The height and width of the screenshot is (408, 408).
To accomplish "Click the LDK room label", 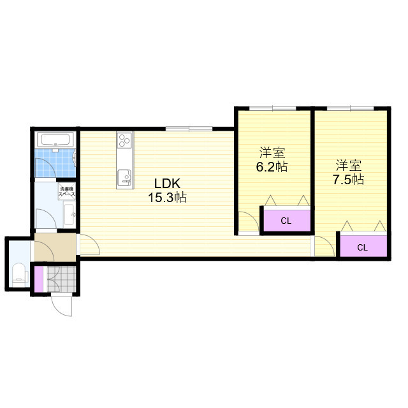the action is coord(167,184).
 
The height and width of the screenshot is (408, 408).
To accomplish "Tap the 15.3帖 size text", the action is coord(167,198).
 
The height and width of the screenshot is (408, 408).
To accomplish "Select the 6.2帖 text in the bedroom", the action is coord(272,167).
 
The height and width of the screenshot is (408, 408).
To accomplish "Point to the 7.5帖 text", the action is coord(349,180).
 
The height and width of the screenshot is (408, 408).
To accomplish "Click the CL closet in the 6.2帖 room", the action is coord(287,221).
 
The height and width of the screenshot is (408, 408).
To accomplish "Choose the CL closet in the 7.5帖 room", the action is coord(363,247).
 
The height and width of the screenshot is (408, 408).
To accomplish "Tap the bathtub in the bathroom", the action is coord(55,140).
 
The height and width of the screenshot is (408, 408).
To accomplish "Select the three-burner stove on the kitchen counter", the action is coord(124,140).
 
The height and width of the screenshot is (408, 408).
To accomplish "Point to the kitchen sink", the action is coord(125,178).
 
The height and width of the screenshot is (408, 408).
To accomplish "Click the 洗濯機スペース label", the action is coord(67,191).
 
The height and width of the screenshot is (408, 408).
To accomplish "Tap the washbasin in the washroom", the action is coord(69,215).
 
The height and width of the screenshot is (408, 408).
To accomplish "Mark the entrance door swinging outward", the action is coord(62,305).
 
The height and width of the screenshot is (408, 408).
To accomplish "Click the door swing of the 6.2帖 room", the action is coord(249,221).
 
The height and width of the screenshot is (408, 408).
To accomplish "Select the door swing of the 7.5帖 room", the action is coord(324,246).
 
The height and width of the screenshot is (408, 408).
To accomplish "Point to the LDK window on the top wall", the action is coord(189,128).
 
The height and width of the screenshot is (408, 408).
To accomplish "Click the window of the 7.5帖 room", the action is coord(350,108).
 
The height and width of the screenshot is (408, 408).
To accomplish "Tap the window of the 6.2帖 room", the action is coord(273,108).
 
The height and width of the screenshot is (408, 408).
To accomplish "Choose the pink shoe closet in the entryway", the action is coord(39,279).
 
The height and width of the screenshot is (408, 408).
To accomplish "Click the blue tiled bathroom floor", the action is coord(55,164).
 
